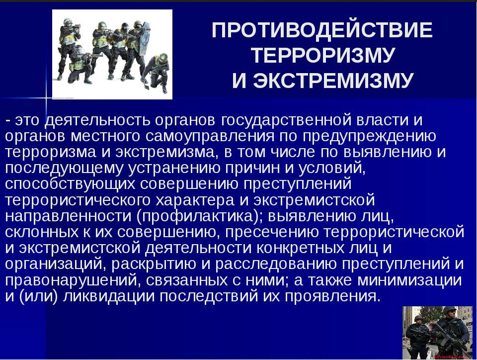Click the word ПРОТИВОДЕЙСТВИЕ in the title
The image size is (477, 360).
[322, 30]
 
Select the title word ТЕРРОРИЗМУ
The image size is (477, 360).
[323, 55]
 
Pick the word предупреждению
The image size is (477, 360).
[369, 137]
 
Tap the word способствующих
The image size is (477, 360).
[70, 184]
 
